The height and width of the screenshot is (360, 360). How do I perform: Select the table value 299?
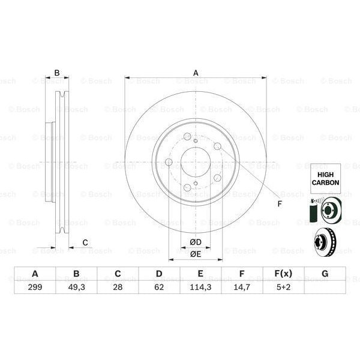[35, 287]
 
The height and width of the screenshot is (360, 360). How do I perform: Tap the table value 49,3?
[76, 287]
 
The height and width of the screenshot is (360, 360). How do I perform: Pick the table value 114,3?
[200, 287]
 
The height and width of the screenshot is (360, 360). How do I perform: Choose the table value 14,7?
[242, 287]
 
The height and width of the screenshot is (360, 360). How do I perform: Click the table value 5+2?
[283, 287]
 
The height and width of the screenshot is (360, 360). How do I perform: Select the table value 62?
[159, 287]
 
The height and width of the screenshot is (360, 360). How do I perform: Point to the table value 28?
[118, 287]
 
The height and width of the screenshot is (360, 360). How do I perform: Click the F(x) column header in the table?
[283, 274]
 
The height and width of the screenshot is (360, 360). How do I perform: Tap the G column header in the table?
[325, 274]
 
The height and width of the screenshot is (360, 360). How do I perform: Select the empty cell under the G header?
[325, 287]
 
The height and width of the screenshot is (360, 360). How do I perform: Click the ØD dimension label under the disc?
[196, 242]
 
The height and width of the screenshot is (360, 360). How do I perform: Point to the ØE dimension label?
[196, 254]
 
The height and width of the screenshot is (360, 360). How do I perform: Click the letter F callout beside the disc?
[279, 205]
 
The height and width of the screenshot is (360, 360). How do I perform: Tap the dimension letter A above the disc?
[196, 73]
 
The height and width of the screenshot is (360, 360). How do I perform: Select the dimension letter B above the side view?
[57, 73]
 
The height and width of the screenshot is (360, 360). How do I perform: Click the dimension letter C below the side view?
[85, 242]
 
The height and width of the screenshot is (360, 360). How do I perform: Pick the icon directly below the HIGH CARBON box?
[325, 210]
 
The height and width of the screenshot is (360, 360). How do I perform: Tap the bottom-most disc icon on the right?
[325, 241]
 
